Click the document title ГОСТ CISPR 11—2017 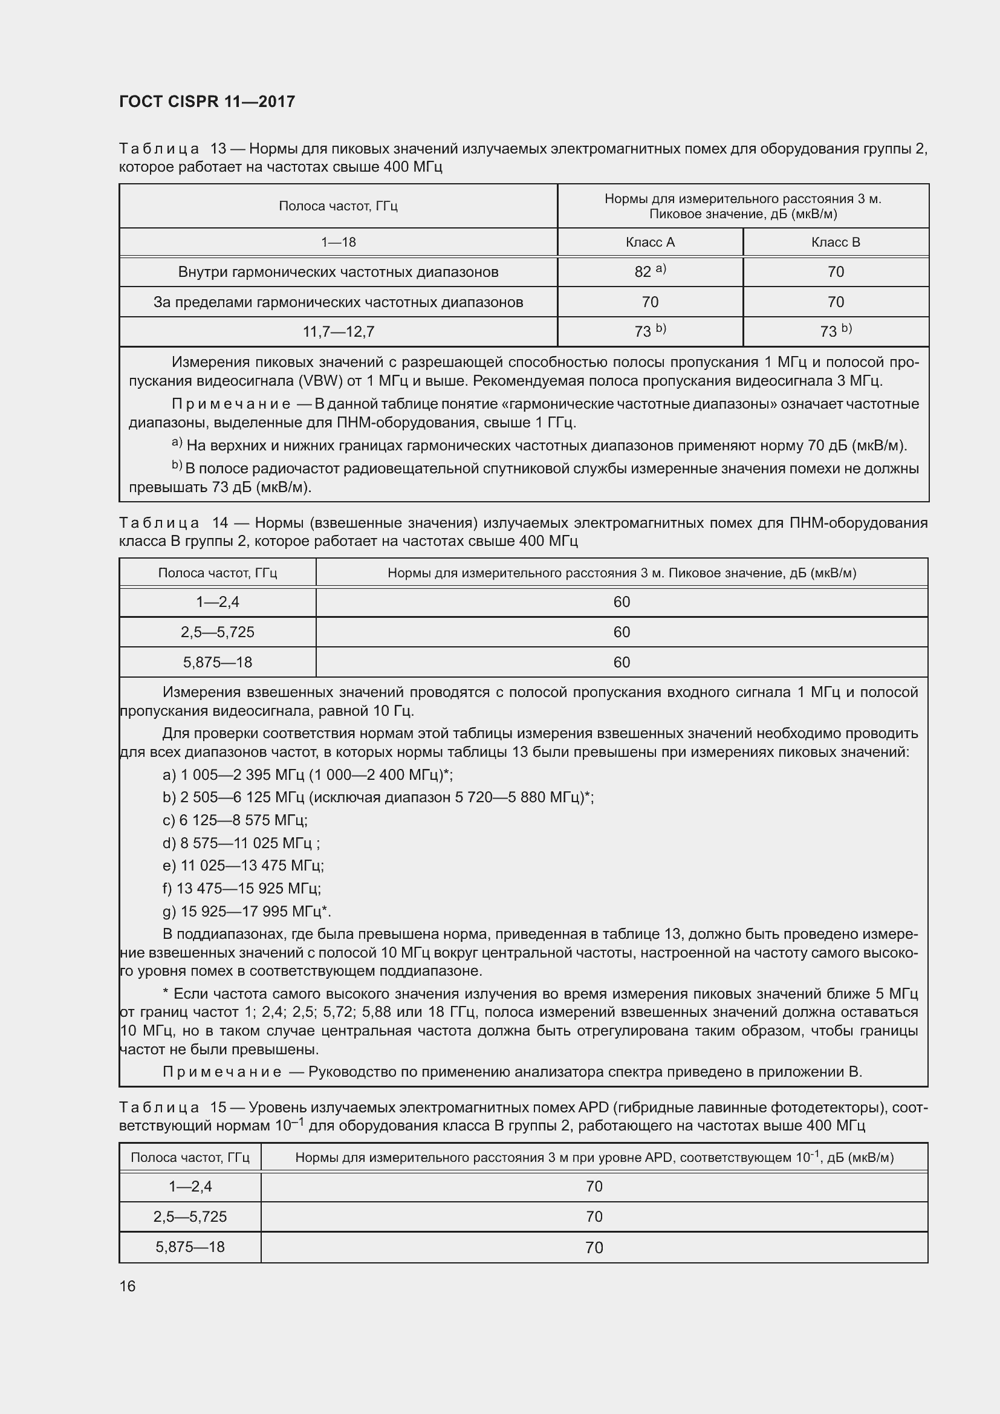207,102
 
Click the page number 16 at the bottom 128,1286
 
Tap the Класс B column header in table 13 835,242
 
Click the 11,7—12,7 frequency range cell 338,332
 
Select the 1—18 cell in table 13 338,242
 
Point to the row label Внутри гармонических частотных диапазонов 338,271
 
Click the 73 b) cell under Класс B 835,332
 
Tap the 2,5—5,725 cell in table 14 218,632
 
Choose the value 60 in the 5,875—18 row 622,662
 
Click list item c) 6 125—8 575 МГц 235,820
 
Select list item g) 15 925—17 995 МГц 246,912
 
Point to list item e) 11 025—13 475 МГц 242,866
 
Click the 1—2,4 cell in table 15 190,1186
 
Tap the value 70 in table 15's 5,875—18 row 594,1247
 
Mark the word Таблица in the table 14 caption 159,524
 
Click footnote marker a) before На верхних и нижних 177,443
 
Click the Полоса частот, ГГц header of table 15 190,1157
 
